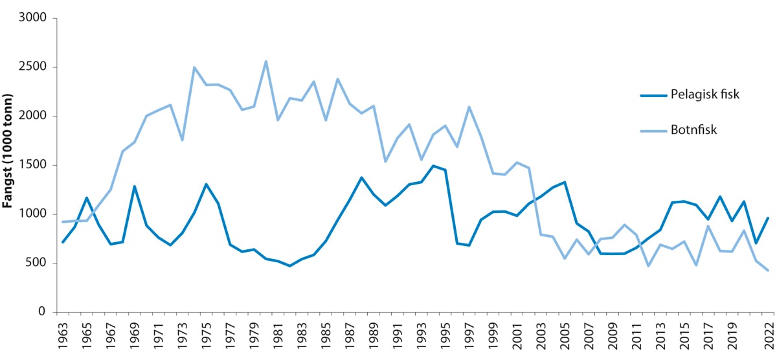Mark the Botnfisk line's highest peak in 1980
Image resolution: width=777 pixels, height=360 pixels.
265,62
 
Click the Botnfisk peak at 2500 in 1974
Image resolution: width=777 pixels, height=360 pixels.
194,67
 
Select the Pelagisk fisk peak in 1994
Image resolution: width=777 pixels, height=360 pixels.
433,166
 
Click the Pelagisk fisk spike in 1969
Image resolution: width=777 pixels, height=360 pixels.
134,186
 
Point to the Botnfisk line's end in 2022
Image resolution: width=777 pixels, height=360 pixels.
767,271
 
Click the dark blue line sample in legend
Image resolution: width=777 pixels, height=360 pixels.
654,95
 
